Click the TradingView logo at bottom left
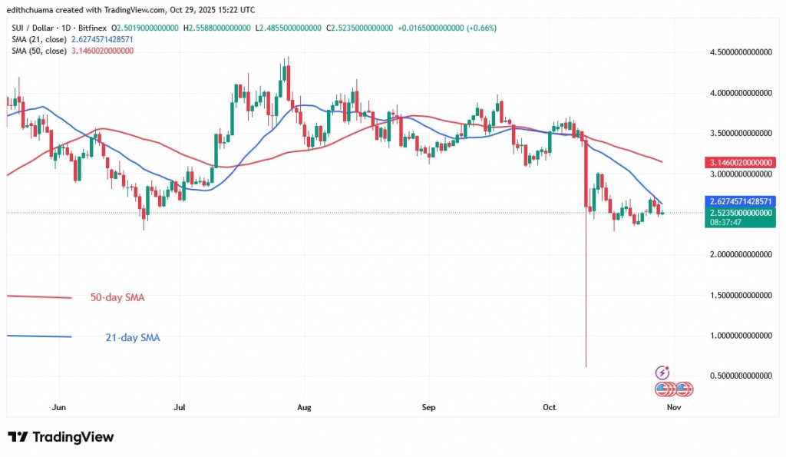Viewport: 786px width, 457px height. (x=61, y=437)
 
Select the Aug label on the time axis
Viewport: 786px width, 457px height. (x=304, y=407)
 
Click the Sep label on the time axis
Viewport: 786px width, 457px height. (x=428, y=407)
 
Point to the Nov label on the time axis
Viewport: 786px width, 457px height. (x=672, y=407)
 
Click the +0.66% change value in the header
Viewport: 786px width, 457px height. (x=477, y=28)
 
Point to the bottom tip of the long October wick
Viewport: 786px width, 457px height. (x=586, y=366)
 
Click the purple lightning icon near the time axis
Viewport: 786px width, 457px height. (x=662, y=373)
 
